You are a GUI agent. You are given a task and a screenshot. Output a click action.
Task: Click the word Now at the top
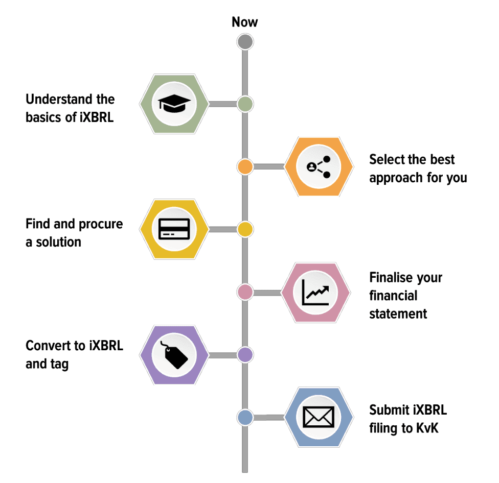click(245, 22)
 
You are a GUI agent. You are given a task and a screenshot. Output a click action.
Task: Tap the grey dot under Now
click(245, 41)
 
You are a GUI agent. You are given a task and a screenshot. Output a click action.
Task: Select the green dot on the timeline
click(245, 104)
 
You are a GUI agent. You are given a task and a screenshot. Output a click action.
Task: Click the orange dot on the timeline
click(245, 166)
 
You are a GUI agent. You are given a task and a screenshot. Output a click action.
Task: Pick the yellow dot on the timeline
click(245, 229)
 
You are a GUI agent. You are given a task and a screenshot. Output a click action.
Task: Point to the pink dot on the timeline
click(245, 292)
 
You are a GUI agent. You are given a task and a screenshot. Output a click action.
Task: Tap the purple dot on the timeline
click(245, 355)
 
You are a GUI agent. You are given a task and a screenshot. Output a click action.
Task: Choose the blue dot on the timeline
click(245, 417)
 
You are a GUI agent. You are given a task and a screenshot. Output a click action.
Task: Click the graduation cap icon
click(174, 104)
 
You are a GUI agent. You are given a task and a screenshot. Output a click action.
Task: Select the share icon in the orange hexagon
click(318, 166)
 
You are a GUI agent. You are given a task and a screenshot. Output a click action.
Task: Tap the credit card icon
click(174, 229)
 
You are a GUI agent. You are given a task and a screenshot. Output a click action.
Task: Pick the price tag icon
click(174, 355)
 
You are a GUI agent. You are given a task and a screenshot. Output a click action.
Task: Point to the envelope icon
click(318, 417)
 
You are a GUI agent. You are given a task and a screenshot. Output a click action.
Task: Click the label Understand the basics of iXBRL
click(70, 108)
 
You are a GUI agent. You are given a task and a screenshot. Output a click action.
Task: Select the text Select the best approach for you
click(418, 168)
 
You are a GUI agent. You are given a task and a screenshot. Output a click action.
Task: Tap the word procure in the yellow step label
click(101, 224)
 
